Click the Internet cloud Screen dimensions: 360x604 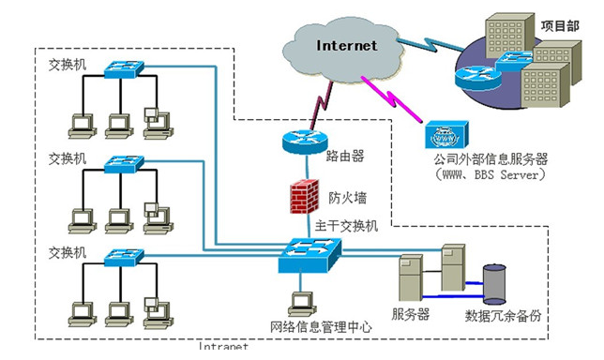coord(346,45)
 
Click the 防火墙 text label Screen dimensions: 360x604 coord(347,198)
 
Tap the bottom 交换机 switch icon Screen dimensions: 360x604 coord(125,255)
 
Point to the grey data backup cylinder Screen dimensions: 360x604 coord(493,281)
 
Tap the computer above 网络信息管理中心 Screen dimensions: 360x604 coord(301,302)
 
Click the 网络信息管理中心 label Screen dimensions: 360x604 coord(322,327)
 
